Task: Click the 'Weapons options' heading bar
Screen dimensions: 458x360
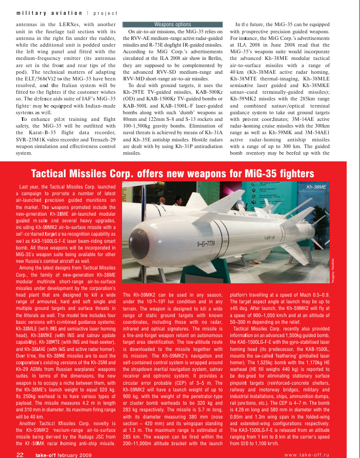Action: click(x=172, y=24)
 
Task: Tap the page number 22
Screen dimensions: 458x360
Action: click(x=21, y=453)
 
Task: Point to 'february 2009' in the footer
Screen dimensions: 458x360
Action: click(x=73, y=453)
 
